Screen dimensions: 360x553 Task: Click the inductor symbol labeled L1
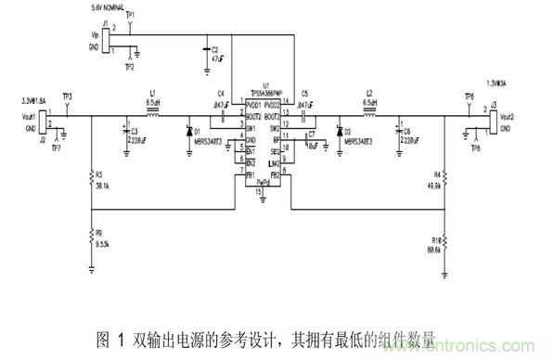point(153,118)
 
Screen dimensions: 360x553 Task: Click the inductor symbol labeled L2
point(369,118)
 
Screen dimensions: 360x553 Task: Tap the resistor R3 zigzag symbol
point(90,177)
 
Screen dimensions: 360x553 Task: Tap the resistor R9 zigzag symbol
point(90,237)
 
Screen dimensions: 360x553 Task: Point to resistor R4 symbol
point(444,177)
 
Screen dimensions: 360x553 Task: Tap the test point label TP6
point(469,96)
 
